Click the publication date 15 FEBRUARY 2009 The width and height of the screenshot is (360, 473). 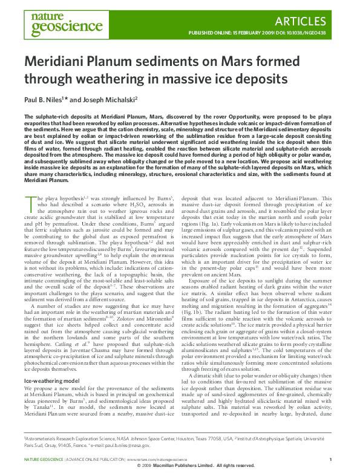[249, 32]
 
